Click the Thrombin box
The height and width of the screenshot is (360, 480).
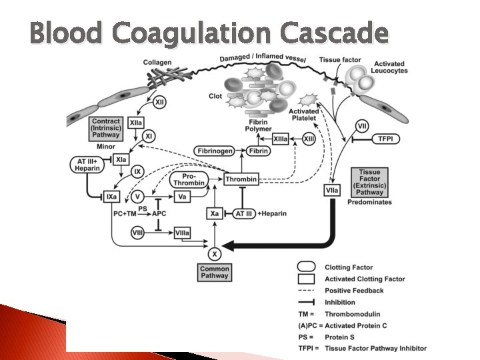(241, 180)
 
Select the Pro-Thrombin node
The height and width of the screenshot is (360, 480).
(189, 180)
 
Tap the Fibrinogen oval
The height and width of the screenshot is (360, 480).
(214, 151)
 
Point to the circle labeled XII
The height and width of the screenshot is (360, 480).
(161, 103)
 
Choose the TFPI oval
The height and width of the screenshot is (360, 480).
(385, 139)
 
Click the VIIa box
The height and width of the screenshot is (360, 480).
(331, 191)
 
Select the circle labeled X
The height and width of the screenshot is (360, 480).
(214, 253)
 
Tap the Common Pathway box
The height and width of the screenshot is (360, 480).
(214, 272)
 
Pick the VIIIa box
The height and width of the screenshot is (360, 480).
(181, 233)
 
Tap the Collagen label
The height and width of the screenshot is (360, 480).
(157, 63)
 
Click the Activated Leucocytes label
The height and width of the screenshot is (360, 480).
(390, 67)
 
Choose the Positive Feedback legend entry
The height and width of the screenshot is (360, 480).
(354, 291)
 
